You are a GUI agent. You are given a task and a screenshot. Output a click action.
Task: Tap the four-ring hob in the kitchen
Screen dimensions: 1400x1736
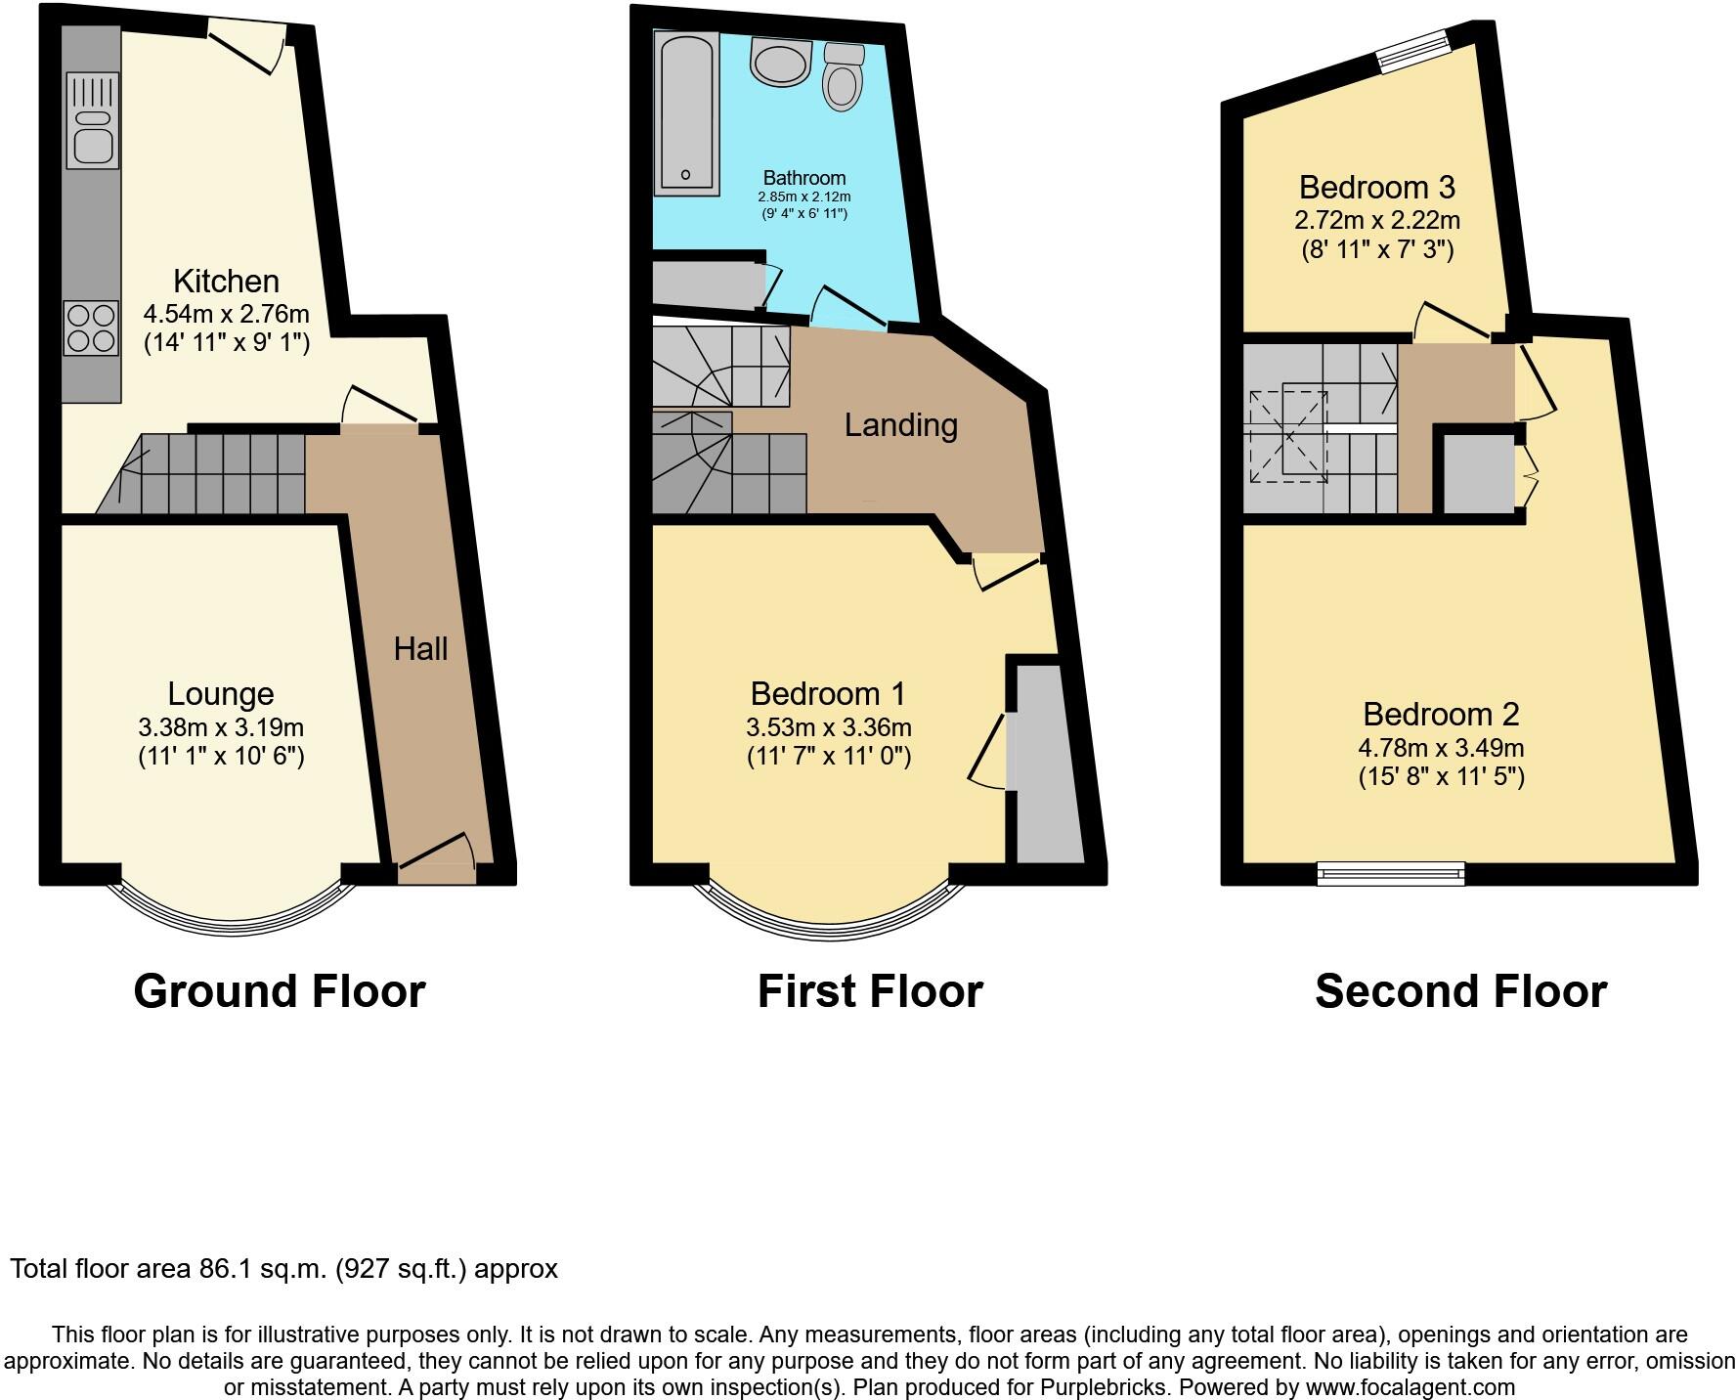[91, 328]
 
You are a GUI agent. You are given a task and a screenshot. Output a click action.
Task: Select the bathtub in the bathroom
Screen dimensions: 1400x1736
[687, 110]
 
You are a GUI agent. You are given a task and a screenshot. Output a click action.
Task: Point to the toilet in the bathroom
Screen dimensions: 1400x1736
[842, 76]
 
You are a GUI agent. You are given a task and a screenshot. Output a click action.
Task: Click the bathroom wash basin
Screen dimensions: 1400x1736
[780, 62]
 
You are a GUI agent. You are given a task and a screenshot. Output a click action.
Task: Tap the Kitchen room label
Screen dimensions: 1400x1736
[226, 282]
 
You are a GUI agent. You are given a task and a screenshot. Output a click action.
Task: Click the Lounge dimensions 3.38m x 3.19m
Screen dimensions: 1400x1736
[221, 727]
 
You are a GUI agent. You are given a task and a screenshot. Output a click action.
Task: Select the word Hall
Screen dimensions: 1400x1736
[420, 649]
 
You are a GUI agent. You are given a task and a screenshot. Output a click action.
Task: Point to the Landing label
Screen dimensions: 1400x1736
[900, 425]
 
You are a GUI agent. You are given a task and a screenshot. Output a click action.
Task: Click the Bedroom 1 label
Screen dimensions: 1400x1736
[828, 694]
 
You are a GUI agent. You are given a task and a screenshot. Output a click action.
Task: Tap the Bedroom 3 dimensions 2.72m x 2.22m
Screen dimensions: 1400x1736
[1376, 220]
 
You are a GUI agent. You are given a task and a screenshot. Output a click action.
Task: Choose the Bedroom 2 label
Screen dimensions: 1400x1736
[1441, 715]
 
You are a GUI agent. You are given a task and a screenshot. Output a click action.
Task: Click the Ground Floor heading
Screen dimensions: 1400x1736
[280, 991]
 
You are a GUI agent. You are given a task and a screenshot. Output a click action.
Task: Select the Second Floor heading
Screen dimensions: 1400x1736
[1460, 991]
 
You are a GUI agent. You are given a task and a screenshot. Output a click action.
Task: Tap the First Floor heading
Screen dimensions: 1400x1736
[870, 991]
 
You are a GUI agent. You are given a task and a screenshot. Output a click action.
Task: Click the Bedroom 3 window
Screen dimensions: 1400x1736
[1413, 50]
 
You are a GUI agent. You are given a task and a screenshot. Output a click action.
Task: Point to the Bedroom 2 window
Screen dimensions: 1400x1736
[1391, 873]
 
